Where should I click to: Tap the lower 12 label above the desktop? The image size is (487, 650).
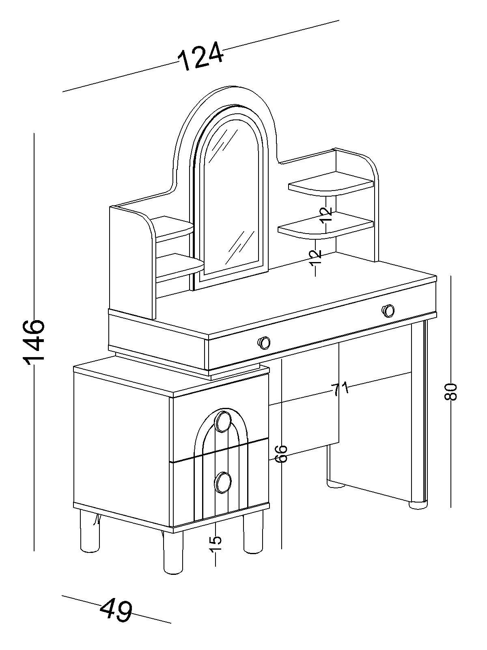[x=315, y=258]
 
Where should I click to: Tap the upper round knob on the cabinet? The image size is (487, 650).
[x=223, y=421]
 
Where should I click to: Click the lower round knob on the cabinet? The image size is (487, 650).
[x=223, y=482]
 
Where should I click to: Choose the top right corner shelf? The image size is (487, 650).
[x=331, y=184]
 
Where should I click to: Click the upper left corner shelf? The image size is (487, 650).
[x=175, y=227]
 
